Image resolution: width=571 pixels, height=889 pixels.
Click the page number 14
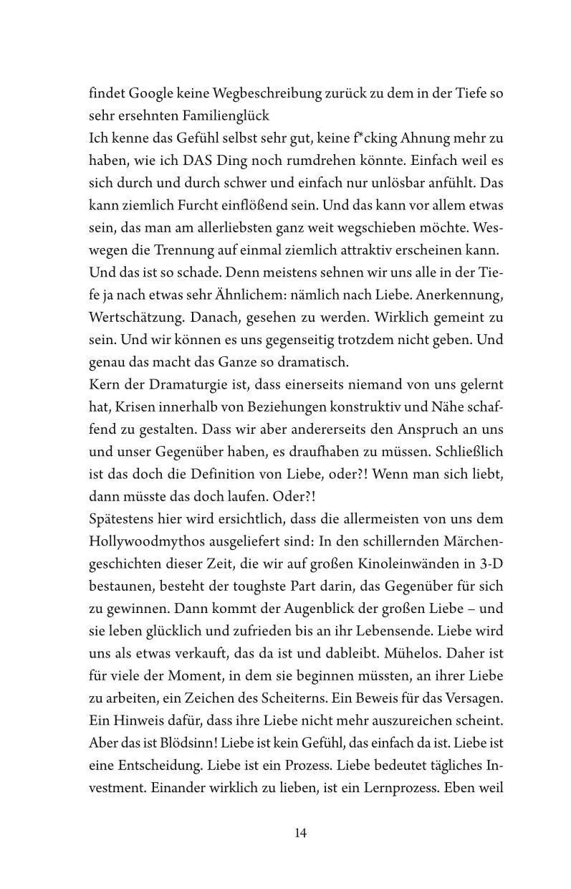[300, 833]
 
